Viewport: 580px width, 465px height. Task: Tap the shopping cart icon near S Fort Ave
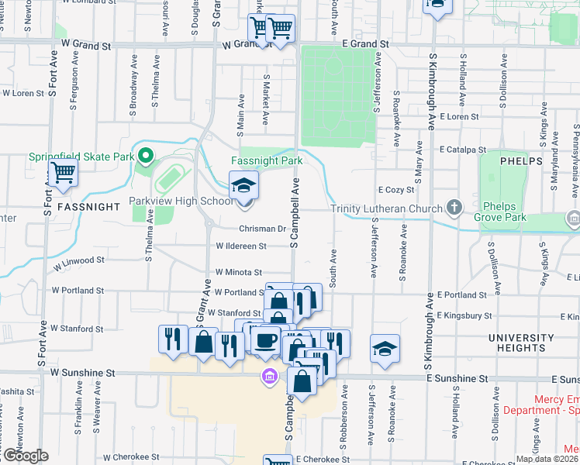click(63, 174)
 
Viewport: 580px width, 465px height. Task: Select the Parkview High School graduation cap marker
click(244, 187)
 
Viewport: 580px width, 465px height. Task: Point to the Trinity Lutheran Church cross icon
click(454, 208)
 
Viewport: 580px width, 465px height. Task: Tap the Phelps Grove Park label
click(505, 212)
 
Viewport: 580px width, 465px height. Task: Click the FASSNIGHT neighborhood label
click(87, 207)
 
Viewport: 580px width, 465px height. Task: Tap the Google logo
click(25, 456)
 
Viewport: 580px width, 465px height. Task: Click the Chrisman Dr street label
click(262, 229)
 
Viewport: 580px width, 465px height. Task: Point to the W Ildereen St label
click(241, 246)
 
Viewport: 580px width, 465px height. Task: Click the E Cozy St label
click(396, 189)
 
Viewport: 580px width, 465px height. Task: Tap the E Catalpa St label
click(462, 149)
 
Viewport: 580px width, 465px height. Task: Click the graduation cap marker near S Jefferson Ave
click(385, 348)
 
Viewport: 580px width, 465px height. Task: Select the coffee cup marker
click(266, 340)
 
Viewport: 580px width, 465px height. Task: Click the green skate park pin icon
click(145, 155)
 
